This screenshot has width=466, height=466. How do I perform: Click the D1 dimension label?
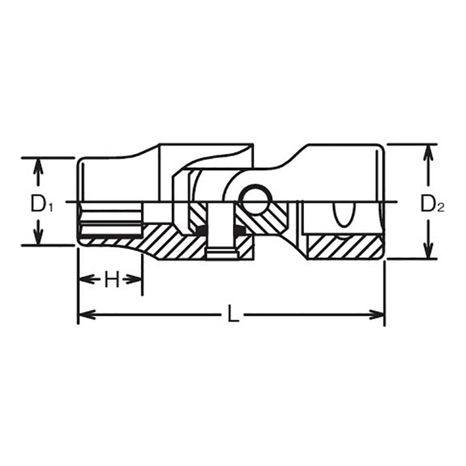coord(42,204)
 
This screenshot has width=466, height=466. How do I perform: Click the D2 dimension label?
coord(432,204)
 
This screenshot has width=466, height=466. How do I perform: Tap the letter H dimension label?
coord(112,280)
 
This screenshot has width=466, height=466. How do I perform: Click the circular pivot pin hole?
coord(256,200)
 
